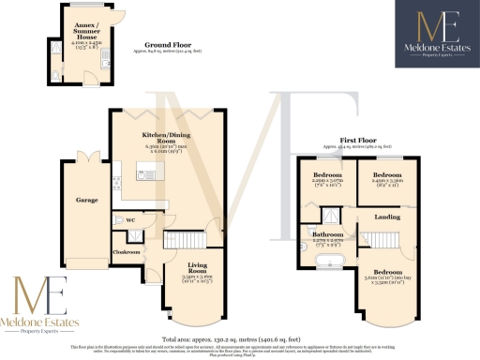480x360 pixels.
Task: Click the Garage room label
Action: pos(73,200)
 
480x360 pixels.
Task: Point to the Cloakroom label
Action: pos(127,252)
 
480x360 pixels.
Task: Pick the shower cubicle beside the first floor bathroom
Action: pos(312,211)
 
